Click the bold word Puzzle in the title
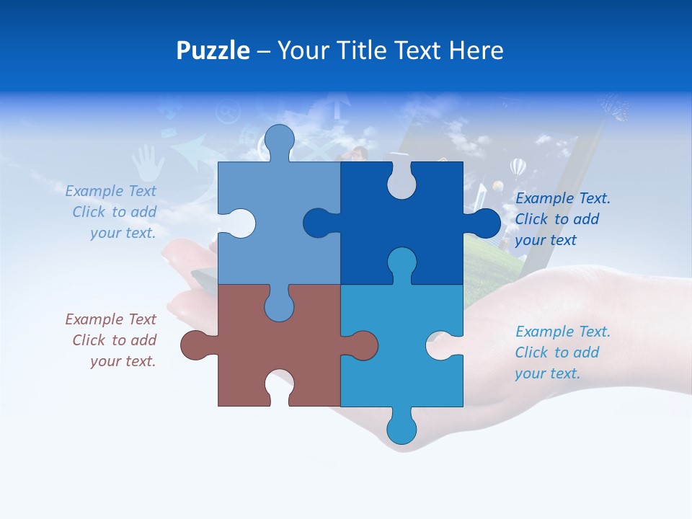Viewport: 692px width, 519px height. pos(213,51)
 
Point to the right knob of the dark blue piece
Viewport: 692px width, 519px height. pos(485,223)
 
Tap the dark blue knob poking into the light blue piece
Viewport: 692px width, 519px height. pos(319,223)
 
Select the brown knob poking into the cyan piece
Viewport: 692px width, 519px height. pos(362,345)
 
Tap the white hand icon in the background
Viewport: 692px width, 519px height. pos(148,162)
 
